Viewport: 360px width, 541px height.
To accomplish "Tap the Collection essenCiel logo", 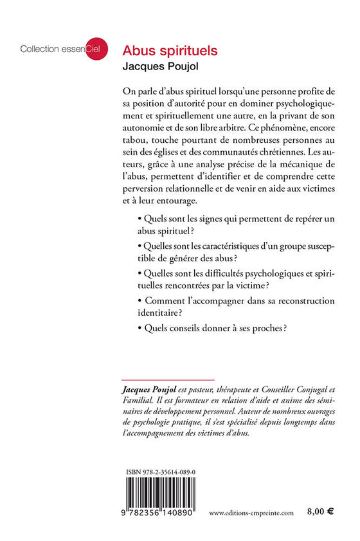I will point(55,49).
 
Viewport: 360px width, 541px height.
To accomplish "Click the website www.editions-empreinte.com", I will point(251,513).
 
